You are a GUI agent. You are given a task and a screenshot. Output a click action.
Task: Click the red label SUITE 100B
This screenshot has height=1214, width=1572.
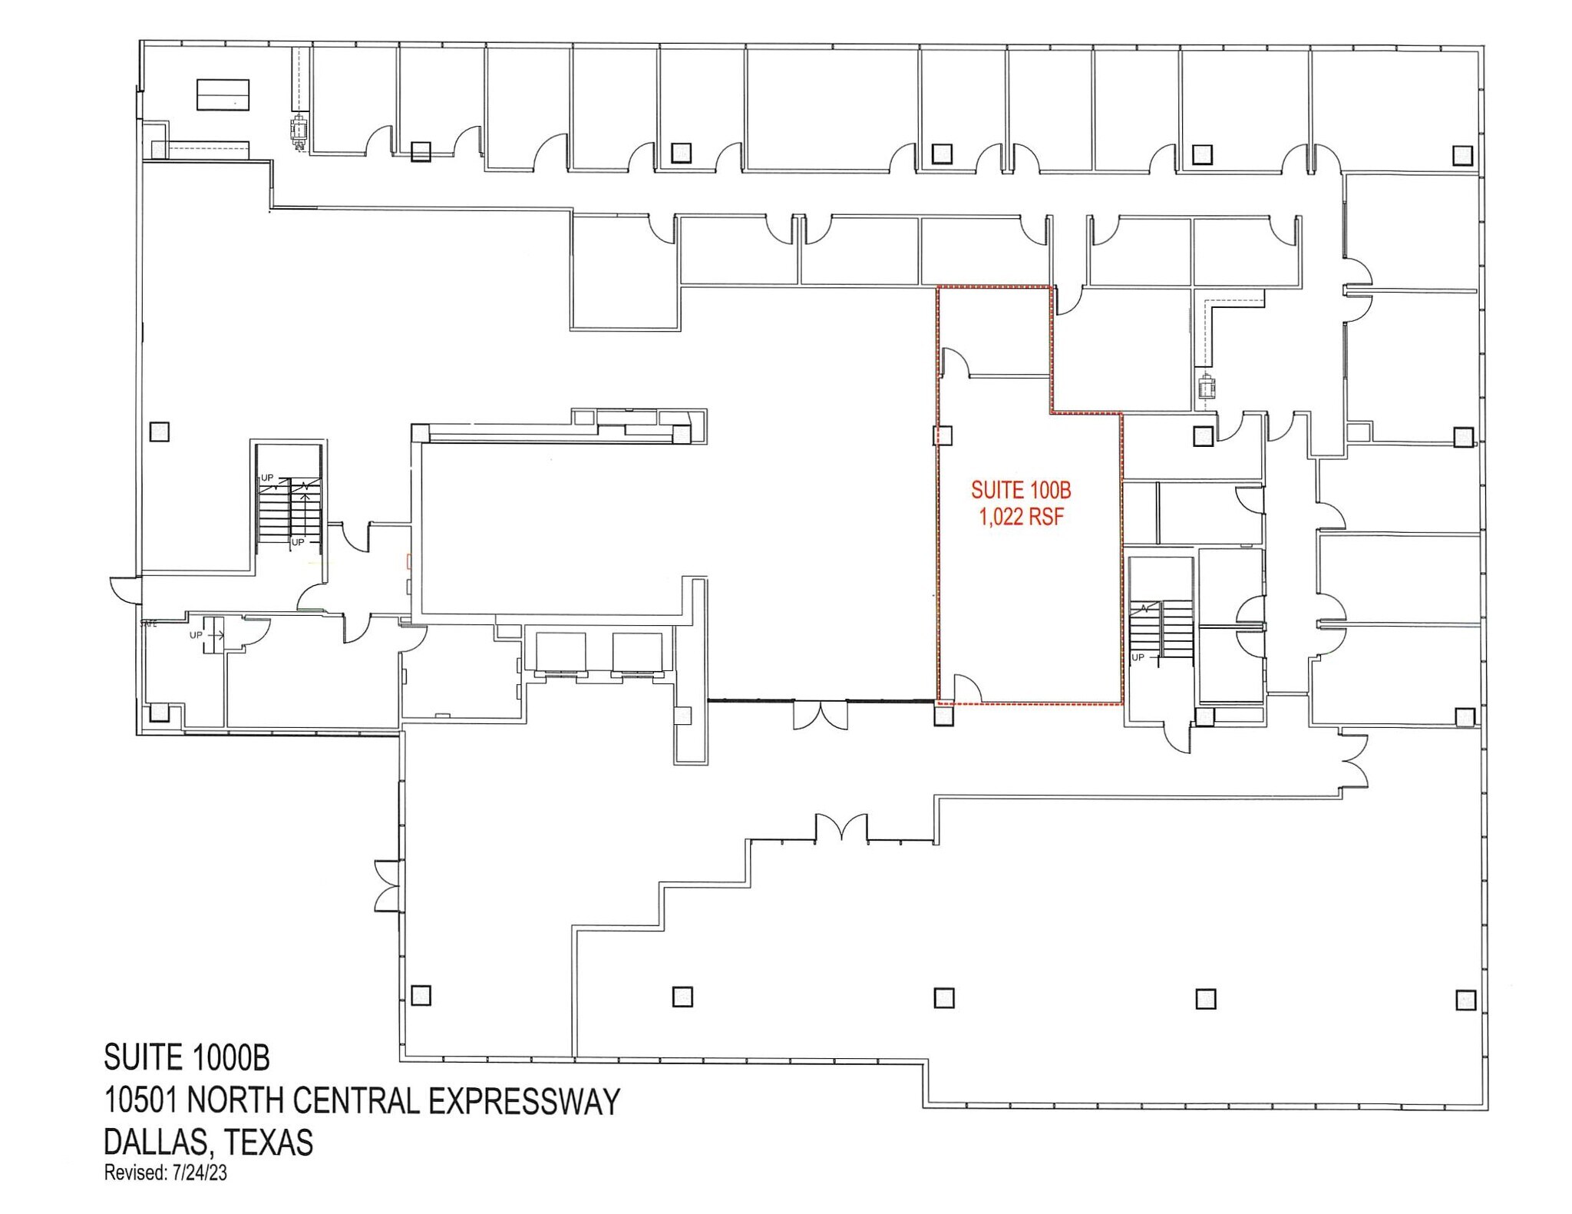(1020, 489)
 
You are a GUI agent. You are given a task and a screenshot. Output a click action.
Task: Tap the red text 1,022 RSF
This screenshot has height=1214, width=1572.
(1021, 517)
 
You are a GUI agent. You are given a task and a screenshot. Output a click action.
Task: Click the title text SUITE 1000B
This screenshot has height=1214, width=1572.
(187, 1057)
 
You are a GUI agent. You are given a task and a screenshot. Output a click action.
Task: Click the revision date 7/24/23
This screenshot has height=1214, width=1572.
(200, 1173)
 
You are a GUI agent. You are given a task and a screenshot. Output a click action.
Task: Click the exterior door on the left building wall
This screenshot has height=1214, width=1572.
(123, 590)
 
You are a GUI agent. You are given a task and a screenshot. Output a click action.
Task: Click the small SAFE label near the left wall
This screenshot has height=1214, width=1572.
(148, 624)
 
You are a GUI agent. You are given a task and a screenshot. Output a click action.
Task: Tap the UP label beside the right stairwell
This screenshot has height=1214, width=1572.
(1138, 657)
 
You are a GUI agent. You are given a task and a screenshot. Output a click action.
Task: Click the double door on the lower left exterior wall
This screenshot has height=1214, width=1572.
(388, 885)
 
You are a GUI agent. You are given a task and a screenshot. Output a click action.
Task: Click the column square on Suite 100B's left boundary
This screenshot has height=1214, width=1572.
(943, 435)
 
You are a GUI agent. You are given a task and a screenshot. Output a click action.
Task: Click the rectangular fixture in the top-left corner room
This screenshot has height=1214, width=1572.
(223, 94)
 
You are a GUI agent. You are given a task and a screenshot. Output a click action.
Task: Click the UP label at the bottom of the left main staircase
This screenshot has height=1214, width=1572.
(298, 542)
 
